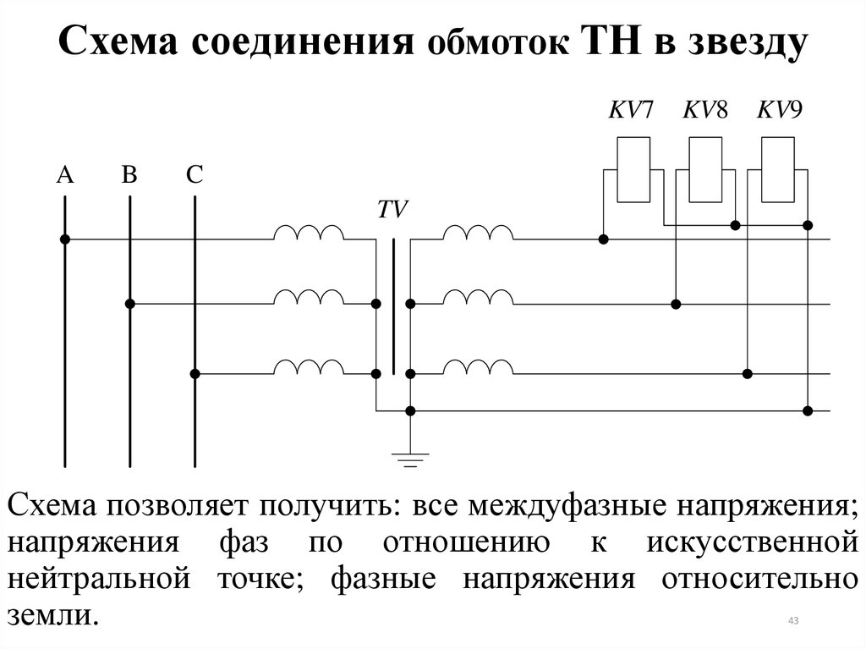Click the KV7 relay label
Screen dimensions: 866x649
(631, 109)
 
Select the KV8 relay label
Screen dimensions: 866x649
(705, 109)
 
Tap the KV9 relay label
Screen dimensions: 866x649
(779, 109)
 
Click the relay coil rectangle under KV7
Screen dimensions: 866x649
(633, 170)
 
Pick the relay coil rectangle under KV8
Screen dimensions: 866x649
(706, 170)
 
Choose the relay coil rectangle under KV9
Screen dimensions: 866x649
(778, 170)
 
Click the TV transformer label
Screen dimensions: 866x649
(392, 210)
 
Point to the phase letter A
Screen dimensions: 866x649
(65, 174)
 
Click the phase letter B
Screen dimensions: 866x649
(129, 174)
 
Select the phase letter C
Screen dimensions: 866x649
(195, 174)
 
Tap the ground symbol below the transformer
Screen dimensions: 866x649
(410, 460)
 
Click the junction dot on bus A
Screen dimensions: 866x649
(65, 239)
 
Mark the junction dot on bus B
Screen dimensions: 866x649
(129, 304)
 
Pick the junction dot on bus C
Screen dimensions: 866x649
(195, 374)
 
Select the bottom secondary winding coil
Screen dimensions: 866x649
(479, 366)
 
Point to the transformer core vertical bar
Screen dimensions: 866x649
(394, 307)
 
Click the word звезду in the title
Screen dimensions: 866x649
(748, 42)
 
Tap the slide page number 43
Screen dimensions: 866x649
(793, 621)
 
